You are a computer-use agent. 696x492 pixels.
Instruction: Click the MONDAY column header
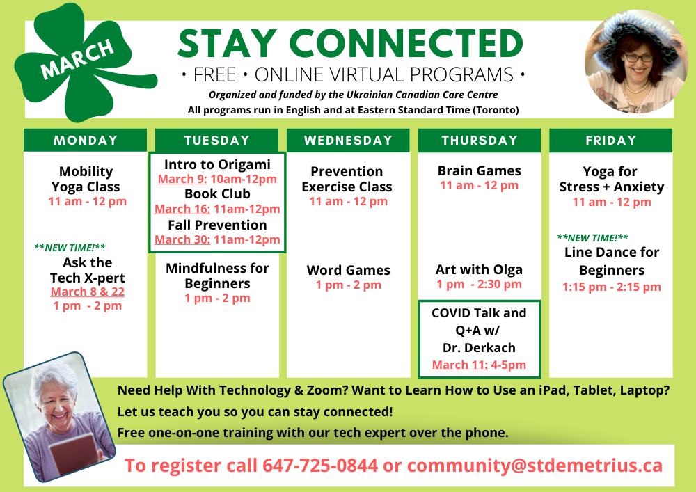(85, 140)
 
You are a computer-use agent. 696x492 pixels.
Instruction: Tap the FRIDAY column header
(611, 140)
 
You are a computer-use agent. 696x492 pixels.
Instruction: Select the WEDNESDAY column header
(349, 140)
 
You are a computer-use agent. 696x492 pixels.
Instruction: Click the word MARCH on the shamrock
(77, 59)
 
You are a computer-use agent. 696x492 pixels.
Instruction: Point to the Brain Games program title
(480, 170)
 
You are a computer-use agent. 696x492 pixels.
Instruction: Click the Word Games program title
(349, 270)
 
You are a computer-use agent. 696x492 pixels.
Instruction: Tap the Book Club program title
(217, 194)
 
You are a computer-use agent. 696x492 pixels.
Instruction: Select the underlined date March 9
(182, 180)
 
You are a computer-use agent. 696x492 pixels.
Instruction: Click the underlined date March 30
(182, 239)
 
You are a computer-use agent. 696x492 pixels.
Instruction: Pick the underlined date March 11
(460, 365)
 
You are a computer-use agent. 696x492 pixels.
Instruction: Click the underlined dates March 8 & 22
(88, 292)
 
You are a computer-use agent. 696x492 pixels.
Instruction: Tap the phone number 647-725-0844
(320, 466)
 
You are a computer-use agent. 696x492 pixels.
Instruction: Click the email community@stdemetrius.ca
(535, 466)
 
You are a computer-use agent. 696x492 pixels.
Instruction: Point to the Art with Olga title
(479, 269)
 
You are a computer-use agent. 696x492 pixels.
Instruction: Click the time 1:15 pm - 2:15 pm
(612, 287)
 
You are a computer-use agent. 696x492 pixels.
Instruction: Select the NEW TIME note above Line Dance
(592, 238)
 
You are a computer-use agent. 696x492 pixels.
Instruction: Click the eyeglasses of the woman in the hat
(638, 58)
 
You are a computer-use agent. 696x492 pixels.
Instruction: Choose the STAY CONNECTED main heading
(351, 43)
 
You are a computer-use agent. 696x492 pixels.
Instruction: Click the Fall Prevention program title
(217, 225)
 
